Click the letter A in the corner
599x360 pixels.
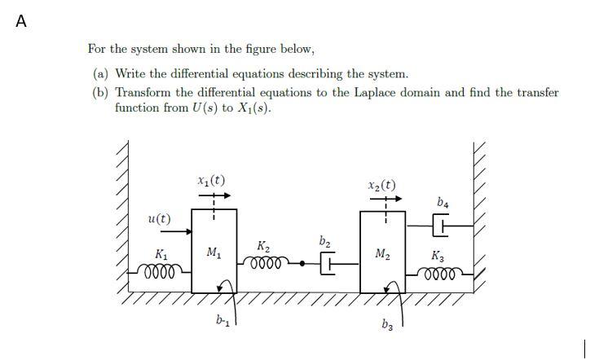(21, 22)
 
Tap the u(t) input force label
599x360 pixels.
(160, 218)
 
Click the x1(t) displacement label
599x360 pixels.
(212, 180)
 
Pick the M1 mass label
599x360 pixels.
(214, 252)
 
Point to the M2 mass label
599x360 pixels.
(382, 254)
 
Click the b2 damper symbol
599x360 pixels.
(328, 263)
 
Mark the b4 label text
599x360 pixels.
(443, 201)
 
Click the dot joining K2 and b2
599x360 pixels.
(302, 263)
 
